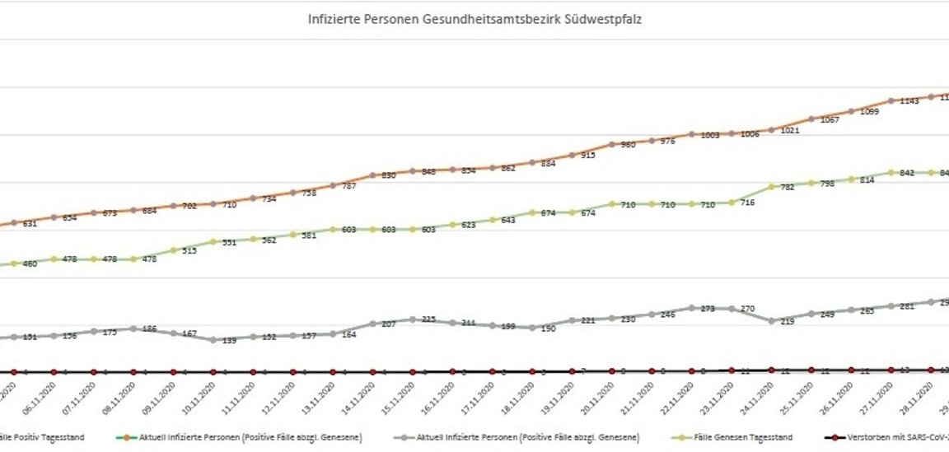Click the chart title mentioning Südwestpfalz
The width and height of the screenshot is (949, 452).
pyautogui.click(x=474, y=19)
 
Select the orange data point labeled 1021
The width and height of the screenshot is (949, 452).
pyautogui.click(x=771, y=129)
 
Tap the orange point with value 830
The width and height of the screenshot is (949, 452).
pyautogui.click(x=372, y=175)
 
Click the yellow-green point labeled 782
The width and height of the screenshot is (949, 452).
pyautogui.click(x=771, y=187)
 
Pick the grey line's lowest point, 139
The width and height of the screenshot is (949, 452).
pyautogui.click(x=213, y=339)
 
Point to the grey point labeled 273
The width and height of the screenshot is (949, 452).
pyautogui.click(x=691, y=308)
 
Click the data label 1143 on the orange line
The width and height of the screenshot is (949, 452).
pyautogui.click(x=910, y=101)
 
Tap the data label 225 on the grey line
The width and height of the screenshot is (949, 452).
pyautogui.click(x=429, y=319)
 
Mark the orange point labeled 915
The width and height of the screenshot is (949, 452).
pyautogui.click(x=572, y=154)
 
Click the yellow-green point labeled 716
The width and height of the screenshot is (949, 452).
pyautogui.click(x=731, y=202)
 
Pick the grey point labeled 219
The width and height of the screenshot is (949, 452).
pyautogui.click(x=771, y=320)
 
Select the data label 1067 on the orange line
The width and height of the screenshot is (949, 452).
pyautogui.click(x=830, y=120)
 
